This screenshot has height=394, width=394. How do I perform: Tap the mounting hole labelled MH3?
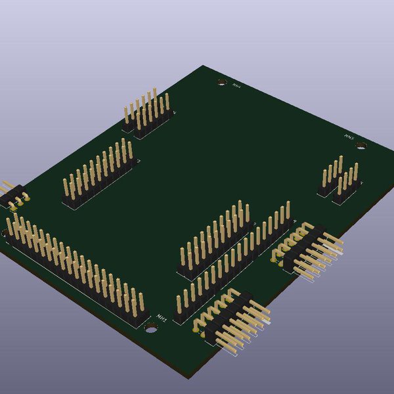(361, 145)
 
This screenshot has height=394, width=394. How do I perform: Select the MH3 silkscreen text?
(349, 137)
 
